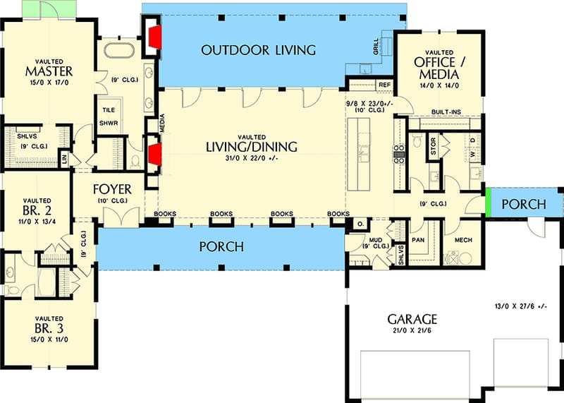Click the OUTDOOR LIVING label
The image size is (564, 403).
click(257, 49)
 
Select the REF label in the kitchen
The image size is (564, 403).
click(384, 85)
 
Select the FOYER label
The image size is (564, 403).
click(111, 189)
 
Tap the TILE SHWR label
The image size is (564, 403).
click(109, 116)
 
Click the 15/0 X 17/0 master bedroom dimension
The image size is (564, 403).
click(49, 82)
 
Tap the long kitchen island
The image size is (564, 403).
click(360, 155)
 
